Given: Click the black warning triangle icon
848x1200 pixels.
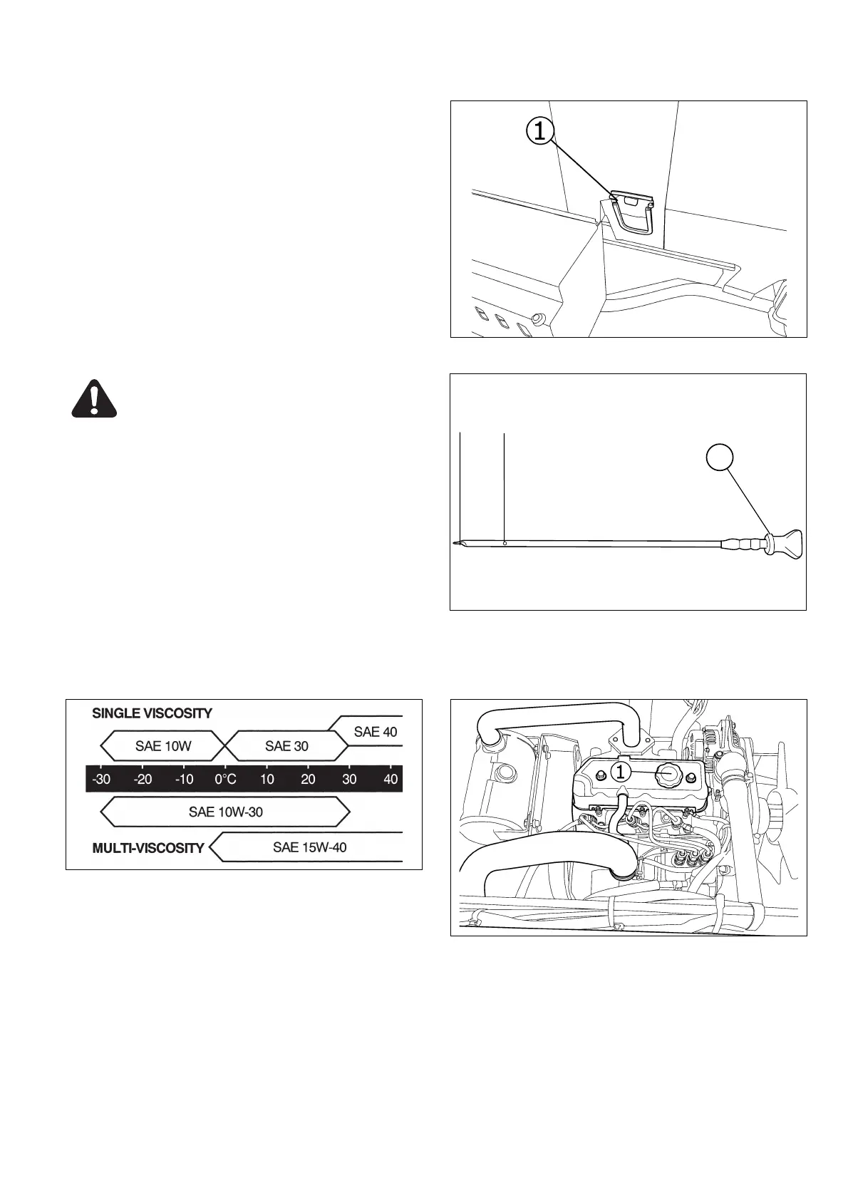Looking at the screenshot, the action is (94, 399).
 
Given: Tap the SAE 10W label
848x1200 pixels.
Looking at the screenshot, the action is (163, 746).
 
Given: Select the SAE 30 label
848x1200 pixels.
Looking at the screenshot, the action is (286, 746).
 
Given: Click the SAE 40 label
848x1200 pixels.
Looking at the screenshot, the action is (376, 731).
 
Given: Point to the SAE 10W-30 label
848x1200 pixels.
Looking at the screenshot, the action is (226, 812).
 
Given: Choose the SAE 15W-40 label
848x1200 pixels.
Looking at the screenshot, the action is (309, 847).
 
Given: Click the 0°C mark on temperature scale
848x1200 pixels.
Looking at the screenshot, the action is (225, 779).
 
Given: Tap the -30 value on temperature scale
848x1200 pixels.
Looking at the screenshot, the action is (101, 779).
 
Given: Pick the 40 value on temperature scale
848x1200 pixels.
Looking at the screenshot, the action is (391, 779).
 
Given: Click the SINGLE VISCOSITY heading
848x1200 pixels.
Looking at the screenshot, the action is (152, 713).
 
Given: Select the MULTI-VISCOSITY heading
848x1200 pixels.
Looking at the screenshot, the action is (148, 848).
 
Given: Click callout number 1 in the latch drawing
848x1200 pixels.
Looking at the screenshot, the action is (540, 130).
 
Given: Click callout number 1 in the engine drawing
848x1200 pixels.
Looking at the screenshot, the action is (620, 772).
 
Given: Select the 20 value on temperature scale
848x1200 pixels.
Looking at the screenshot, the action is (308, 779).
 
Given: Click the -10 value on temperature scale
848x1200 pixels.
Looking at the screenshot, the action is (184, 779).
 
